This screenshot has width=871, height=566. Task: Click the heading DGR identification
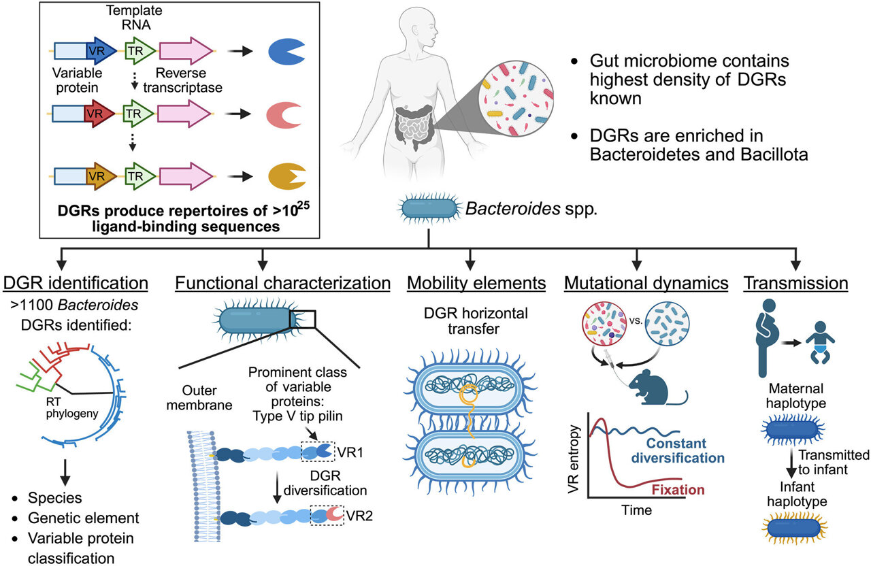(x=76, y=282)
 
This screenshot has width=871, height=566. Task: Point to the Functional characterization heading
(x=282, y=282)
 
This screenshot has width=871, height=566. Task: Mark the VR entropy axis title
(x=577, y=462)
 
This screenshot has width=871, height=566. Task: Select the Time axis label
(x=638, y=510)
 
